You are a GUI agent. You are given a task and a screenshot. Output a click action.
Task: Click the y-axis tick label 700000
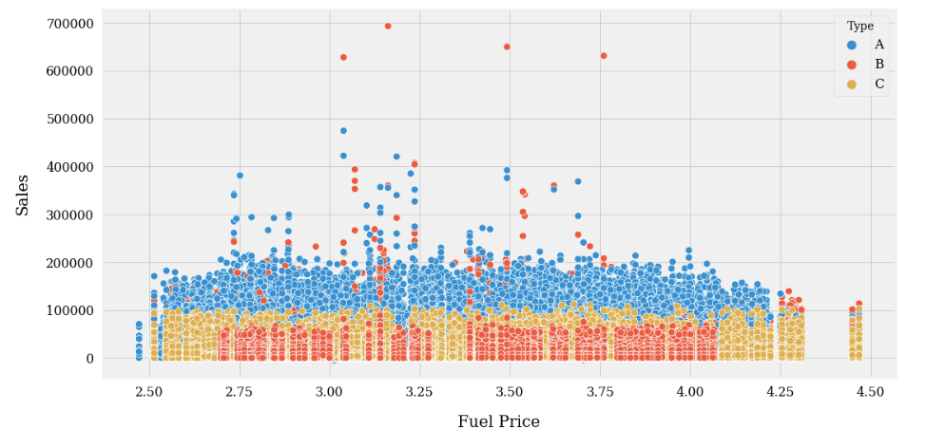(x=67, y=23)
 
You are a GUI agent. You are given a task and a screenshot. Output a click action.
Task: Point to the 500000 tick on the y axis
(x=67, y=120)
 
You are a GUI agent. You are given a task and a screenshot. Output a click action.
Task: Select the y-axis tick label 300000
(x=67, y=215)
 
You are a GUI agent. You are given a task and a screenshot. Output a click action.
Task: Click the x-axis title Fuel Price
(x=498, y=422)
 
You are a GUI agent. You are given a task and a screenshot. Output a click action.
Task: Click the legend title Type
(x=860, y=26)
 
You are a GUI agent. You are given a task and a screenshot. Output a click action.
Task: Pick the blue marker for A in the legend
(x=851, y=45)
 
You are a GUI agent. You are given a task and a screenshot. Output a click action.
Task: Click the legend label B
(x=879, y=65)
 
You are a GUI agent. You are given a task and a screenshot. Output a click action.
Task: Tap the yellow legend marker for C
(x=851, y=84)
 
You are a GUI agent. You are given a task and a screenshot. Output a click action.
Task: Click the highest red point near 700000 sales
(x=388, y=26)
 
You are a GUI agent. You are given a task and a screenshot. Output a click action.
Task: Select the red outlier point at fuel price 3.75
(x=604, y=56)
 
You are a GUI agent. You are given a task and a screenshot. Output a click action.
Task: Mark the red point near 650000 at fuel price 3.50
(x=507, y=47)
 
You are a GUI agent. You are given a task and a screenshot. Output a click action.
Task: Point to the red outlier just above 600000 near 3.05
(x=343, y=57)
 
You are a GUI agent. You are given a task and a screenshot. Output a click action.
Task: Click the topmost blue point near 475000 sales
(x=343, y=131)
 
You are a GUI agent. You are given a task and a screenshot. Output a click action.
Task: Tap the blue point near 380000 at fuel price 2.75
(x=240, y=176)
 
